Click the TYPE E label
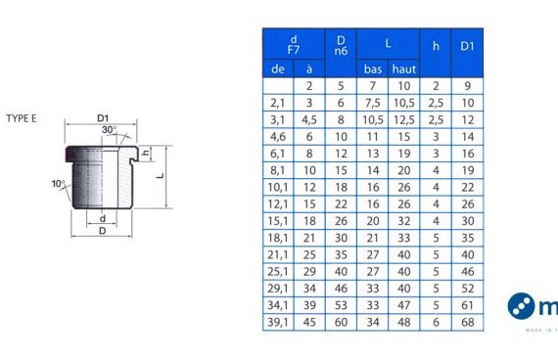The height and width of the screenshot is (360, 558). [x=22, y=118]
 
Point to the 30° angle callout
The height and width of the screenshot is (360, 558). [x=109, y=130]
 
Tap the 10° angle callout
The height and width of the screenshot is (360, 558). [x=59, y=184]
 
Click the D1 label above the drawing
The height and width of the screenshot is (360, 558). [x=103, y=118]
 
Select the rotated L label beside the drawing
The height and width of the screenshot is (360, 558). [x=161, y=175]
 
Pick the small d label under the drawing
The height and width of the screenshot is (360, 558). [x=103, y=218]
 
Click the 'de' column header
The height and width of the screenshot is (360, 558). [x=278, y=68]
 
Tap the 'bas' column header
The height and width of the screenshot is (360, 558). [x=373, y=68]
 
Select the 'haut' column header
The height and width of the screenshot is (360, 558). [x=404, y=68]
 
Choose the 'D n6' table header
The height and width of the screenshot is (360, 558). [x=341, y=46]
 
